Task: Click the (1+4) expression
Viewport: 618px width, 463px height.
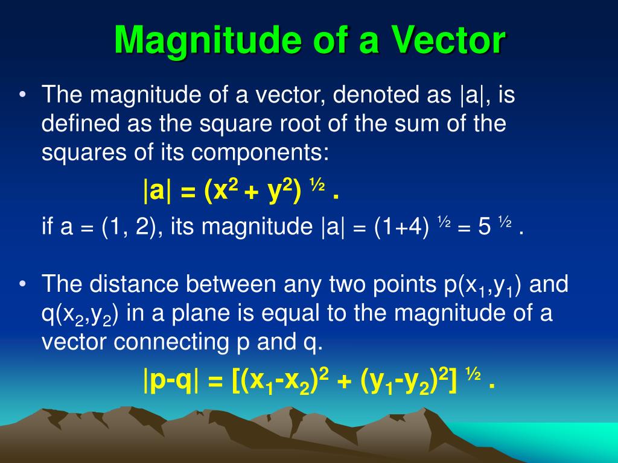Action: pos(401,227)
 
